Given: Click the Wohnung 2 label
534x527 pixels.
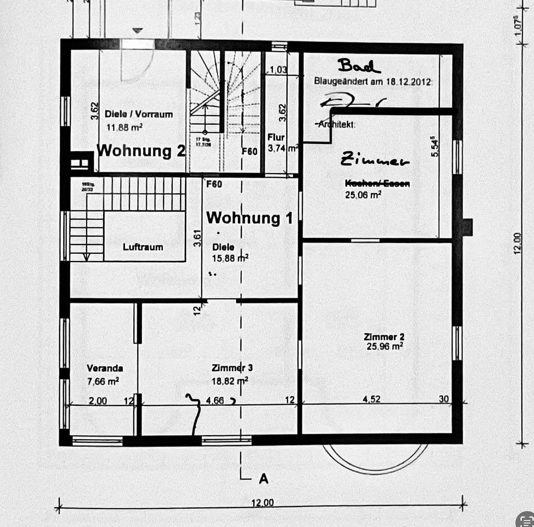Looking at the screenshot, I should [x=141, y=150].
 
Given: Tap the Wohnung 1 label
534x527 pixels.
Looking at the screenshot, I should [x=250, y=218].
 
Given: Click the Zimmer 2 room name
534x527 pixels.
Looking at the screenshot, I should [x=384, y=337].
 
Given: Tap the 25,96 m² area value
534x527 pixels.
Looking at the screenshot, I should [x=384, y=346].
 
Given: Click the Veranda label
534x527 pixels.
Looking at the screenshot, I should [x=105, y=368].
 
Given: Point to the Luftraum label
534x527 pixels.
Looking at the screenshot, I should [x=143, y=247].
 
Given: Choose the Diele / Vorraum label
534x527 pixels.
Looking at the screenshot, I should [x=139, y=114].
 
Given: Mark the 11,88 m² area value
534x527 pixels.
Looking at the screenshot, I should [x=124, y=127].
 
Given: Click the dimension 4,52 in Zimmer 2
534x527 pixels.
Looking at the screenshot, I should [x=371, y=399].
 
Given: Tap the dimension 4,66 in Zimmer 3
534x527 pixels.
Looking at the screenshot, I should [x=215, y=401].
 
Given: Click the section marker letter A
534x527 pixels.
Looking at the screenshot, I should [x=263, y=479].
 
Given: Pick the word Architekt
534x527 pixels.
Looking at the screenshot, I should [x=337, y=124].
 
